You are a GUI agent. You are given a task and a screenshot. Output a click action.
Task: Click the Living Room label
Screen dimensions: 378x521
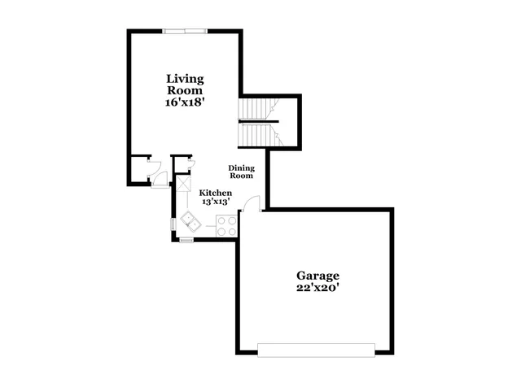[x=185, y=85]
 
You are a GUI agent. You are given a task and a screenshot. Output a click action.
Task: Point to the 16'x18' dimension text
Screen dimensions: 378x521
[x=185, y=103]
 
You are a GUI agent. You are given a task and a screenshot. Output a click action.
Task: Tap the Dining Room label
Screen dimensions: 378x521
[x=241, y=172]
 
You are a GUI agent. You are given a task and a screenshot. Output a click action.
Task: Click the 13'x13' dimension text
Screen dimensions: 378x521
[x=216, y=201]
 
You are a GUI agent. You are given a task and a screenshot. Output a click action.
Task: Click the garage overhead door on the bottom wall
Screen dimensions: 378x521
[x=316, y=350]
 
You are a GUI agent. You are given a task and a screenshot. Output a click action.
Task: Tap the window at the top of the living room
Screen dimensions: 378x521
[x=185, y=32]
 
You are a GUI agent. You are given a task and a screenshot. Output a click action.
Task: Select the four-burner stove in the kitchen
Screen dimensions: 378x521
[x=227, y=226]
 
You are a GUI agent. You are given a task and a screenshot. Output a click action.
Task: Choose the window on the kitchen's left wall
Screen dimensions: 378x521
[x=173, y=224]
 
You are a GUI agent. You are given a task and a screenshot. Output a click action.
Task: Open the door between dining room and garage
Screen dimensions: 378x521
[x=253, y=205]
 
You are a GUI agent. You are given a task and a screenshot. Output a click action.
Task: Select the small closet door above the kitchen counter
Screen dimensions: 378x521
[x=189, y=166]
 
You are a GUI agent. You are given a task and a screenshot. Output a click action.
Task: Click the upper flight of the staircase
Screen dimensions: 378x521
[x=256, y=108]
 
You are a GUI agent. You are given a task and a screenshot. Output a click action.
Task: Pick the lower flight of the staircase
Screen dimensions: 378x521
[x=256, y=133]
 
